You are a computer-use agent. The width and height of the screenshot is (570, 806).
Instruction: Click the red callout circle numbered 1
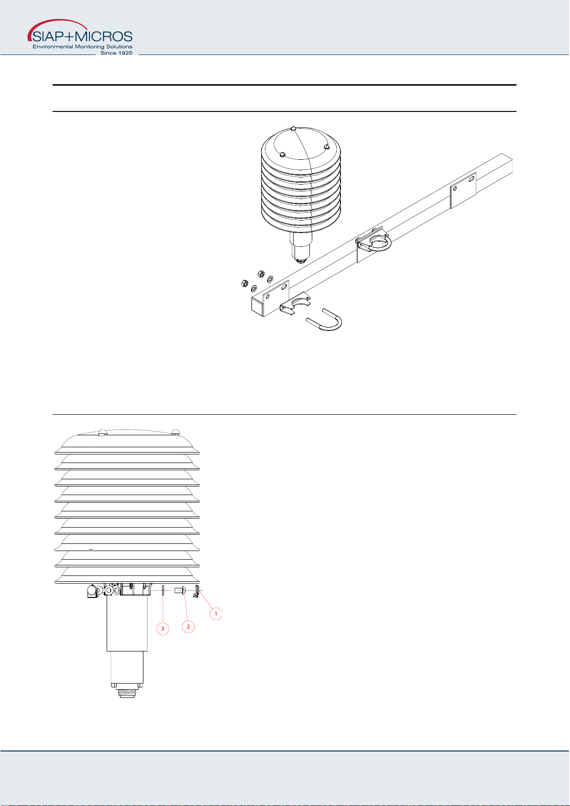(216, 614)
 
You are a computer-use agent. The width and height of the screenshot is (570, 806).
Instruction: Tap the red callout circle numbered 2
(188, 627)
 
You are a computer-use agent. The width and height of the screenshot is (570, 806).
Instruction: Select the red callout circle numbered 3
(163, 629)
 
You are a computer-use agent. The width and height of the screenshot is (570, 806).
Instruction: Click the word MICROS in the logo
(104, 37)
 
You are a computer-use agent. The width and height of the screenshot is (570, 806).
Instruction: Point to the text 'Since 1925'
(116, 53)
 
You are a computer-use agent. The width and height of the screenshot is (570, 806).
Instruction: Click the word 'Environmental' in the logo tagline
(53, 46)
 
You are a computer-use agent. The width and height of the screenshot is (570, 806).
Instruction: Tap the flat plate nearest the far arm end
(463, 190)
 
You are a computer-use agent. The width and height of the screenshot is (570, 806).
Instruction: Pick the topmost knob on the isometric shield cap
(294, 129)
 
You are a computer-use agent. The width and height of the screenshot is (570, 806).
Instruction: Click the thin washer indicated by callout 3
(163, 590)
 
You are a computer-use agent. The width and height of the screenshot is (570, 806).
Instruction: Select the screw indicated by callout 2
(180, 590)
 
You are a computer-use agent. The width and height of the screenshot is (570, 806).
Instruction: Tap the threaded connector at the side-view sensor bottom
(127, 692)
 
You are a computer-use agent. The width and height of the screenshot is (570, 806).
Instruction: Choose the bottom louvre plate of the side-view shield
(127, 575)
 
